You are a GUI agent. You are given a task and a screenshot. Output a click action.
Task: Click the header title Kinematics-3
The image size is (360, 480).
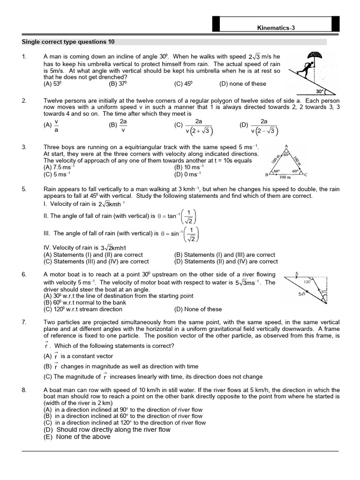coord(276,28)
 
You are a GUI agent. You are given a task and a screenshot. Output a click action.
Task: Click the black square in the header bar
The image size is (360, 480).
coord(216,24)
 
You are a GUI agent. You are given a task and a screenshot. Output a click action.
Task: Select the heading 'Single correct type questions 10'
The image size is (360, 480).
coord(68,42)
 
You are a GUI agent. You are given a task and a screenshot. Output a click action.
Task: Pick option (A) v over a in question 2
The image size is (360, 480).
coord(52,125)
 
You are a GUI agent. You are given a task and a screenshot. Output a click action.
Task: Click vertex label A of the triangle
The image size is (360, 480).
coord(286,146)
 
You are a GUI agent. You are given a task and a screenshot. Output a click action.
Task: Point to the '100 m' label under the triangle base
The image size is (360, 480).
coord(285,177)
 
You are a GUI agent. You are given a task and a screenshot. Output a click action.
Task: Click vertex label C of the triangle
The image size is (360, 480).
coord(306,175)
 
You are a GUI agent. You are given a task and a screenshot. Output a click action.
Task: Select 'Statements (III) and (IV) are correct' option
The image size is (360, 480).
coord(96,262)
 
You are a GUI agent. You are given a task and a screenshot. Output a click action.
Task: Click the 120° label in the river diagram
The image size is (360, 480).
coord(307,283)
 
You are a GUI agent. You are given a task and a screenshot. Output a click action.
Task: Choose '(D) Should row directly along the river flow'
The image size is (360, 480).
coord(107,429)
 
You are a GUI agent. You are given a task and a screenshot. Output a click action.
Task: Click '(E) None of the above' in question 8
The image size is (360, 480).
coord(77,437)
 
